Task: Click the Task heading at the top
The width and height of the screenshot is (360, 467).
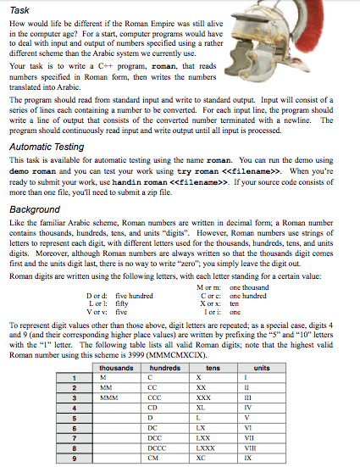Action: click(x=19, y=8)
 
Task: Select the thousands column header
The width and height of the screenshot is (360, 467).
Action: click(x=116, y=367)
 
